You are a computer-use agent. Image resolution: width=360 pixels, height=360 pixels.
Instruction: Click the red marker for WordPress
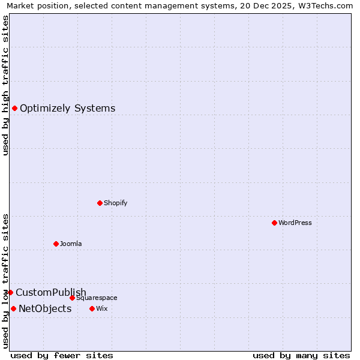274,223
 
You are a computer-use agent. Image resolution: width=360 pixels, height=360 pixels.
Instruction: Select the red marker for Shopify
100,203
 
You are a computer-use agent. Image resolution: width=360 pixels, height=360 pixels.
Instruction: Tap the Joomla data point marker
56,244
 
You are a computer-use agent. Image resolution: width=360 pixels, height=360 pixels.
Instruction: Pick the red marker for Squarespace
72,298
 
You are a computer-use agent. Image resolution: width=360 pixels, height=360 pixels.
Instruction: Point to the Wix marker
92,308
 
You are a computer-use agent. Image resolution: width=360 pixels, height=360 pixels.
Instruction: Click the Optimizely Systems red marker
14,108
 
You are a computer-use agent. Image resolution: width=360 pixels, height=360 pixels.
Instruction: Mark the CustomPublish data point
10,292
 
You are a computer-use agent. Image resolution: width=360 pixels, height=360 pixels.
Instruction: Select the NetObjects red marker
13,308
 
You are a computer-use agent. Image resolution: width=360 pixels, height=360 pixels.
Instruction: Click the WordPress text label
295,223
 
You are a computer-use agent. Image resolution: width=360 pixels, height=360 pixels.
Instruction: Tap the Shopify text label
116,203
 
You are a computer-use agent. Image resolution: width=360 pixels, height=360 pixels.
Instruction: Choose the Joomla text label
71,244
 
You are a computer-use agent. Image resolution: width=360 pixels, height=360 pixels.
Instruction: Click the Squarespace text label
97,298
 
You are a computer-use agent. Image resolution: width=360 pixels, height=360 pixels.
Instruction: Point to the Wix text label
101,308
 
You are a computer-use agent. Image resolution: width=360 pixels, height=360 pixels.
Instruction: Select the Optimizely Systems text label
68,108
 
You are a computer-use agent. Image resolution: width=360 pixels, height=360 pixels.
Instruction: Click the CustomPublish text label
51,292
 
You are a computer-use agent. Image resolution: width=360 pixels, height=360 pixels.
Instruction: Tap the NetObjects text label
45,308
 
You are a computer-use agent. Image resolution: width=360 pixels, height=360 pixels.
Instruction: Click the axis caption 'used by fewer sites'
62,355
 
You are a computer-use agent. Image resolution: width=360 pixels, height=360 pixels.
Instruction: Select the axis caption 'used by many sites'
301,355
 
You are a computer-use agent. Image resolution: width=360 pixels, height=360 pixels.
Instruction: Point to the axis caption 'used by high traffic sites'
6,85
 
